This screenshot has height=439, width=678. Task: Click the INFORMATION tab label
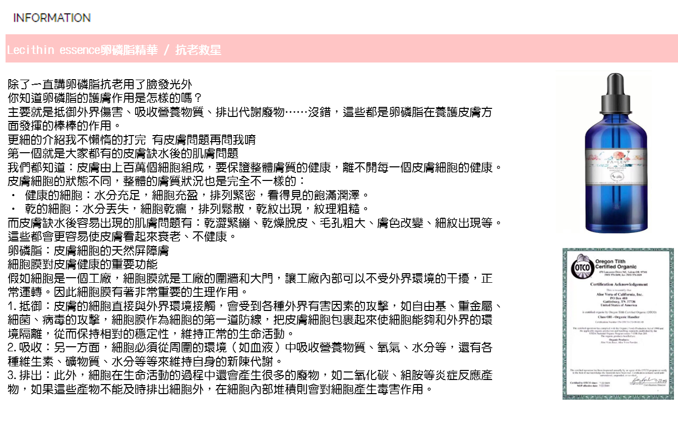[x=52, y=18]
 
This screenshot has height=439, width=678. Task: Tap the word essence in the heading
[x=80, y=50]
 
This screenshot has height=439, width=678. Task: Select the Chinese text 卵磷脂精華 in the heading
[x=129, y=50]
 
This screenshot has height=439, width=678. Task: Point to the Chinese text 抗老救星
[x=198, y=50]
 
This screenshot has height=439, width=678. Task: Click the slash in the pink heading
[x=167, y=50]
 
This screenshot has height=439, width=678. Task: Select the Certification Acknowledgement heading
[x=619, y=284]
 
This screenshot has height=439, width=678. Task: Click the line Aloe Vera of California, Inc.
[x=619, y=294]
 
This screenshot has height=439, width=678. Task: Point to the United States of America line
[x=619, y=305]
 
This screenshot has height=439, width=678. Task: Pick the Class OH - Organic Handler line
[x=619, y=317]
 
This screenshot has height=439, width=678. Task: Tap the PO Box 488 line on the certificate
[x=619, y=298]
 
